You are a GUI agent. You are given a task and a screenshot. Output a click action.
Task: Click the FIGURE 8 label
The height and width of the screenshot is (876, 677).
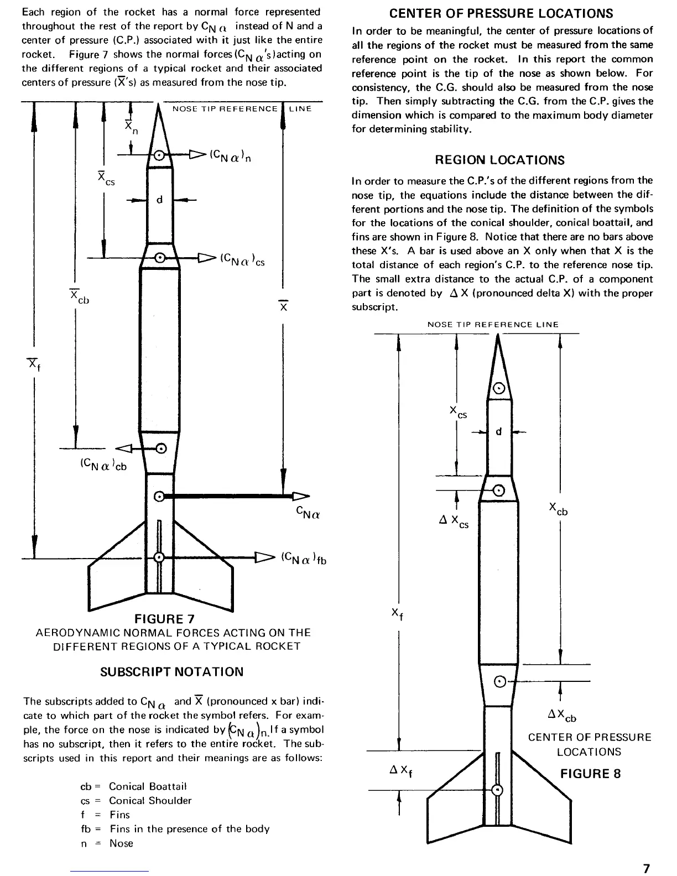coord(590,773)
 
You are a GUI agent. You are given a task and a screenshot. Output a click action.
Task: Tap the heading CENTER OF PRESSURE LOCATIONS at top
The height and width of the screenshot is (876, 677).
coord(501,13)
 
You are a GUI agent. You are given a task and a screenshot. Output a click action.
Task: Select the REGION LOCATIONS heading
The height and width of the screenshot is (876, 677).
coord(499,160)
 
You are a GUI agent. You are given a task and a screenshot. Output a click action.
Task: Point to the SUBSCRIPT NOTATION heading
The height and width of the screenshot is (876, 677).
coord(171,672)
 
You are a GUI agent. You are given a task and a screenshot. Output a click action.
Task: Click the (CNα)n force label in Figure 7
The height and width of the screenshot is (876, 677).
coord(231,156)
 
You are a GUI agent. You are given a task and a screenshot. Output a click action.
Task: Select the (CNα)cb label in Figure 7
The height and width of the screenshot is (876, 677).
coord(103,465)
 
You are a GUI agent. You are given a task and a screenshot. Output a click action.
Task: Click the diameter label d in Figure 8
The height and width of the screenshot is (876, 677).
coord(498,431)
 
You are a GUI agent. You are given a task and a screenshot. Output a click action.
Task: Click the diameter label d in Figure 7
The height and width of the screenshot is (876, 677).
coord(159,200)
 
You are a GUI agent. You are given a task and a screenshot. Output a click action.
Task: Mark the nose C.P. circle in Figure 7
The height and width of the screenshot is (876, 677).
coord(159,156)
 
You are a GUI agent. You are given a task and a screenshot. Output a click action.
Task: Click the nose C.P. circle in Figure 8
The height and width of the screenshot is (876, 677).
coord(499,388)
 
